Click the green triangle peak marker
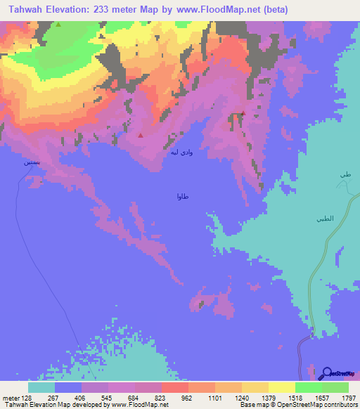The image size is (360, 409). click(x=59, y=25)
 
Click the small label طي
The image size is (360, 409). click(x=345, y=174)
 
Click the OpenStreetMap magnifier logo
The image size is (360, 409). click(x=326, y=373)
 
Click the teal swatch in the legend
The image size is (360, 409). click(x=41, y=387)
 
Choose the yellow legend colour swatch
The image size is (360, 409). click(x=282, y=387)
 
